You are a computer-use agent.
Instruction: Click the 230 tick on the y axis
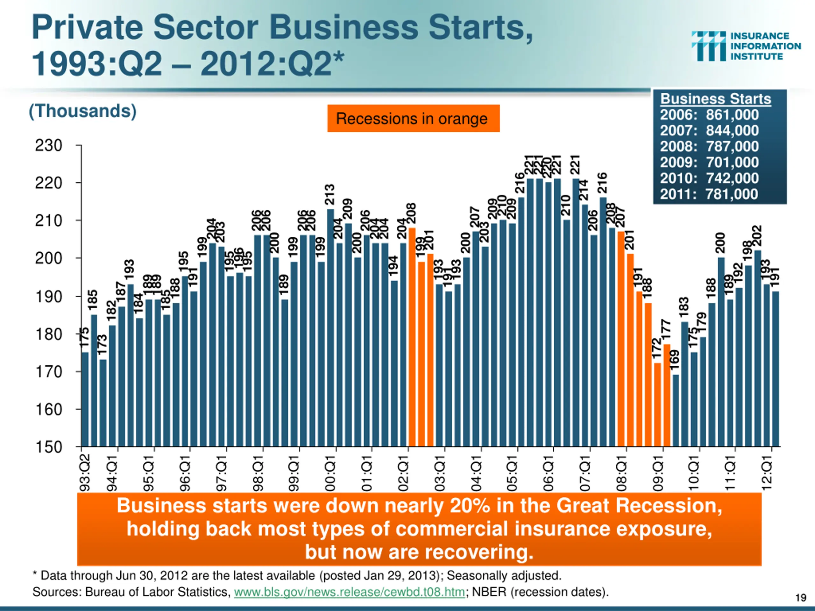[49, 146]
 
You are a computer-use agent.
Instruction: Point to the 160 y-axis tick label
[49, 410]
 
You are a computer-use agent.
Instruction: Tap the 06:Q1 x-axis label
[548, 473]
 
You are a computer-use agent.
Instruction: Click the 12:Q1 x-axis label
[766, 473]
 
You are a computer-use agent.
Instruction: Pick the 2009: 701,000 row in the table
[709, 162]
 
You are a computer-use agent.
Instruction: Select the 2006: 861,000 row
[709, 115]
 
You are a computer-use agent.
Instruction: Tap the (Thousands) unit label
[82, 111]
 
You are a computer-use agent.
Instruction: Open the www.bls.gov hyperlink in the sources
[349, 592]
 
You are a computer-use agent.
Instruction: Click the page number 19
[801, 597]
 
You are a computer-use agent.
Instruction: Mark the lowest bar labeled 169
[675, 410]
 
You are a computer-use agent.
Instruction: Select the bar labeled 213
[330, 328]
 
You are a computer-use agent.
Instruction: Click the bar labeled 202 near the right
[757, 348]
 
